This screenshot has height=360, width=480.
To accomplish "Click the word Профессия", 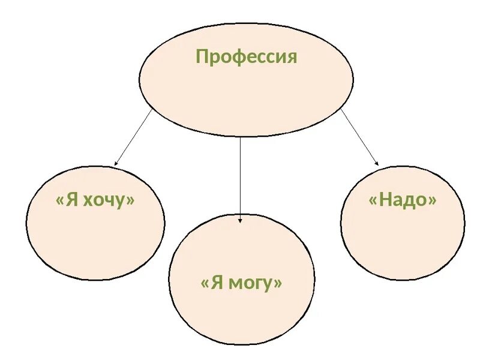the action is [246, 58].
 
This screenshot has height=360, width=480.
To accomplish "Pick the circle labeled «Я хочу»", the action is [95, 240].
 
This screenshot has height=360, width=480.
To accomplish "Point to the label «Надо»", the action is [402, 200].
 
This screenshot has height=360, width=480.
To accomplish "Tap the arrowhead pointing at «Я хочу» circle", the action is [116, 163].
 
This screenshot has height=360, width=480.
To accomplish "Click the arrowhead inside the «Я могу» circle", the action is [240, 220].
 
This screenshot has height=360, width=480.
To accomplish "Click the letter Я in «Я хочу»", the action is [72, 200].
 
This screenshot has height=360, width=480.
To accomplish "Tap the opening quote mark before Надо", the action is [373, 201].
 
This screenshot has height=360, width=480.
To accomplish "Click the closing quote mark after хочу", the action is [130, 201].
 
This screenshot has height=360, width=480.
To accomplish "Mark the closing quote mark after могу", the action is [277, 283].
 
